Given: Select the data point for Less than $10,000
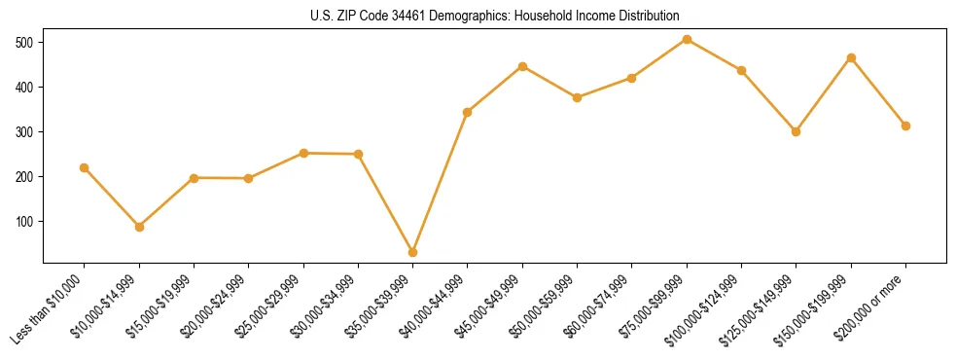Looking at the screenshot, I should click(x=85, y=167).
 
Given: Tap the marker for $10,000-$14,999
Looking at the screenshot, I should click(x=139, y=227).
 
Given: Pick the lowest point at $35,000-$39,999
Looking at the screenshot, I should click(x=413, y=252).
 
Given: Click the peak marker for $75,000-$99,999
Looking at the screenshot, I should click(x=687, y=39).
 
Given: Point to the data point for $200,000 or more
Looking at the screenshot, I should click(x=905, y=126).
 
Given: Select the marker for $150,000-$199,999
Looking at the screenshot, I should click(x=851, y=57).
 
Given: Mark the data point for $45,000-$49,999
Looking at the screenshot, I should click(x=522, y=66).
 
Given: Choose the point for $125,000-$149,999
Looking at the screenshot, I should click(x=796, y=131).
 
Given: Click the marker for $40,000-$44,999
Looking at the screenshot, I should click(x=468, y=112).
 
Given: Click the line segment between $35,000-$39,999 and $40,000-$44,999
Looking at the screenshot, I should click(x=441, y=182).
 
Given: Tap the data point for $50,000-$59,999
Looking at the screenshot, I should click(x=578, y=97).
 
